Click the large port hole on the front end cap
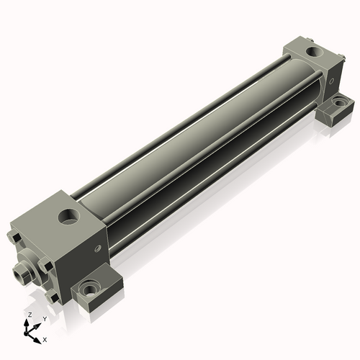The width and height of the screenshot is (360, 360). [x=69, y=216]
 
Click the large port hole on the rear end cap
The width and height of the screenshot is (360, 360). [x=315, y=51]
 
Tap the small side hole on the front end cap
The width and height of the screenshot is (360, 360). [x=97, y=248]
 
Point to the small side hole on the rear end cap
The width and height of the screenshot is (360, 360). [x=332, y=81]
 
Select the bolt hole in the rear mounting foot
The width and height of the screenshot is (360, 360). [x=339, y=103]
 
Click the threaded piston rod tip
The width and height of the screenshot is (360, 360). [x=20, y=273]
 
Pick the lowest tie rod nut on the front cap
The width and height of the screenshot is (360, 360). [x=53, y=298]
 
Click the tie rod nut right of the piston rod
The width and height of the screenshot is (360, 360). [x=46, y=266]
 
